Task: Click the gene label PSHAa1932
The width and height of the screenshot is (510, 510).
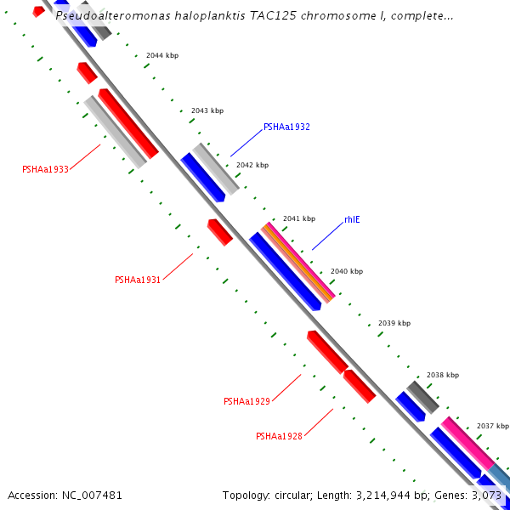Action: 286,127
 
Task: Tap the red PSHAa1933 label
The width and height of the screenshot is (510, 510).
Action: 45,169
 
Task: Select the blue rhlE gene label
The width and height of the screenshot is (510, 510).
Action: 352,219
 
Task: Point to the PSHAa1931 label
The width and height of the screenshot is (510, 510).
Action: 138,280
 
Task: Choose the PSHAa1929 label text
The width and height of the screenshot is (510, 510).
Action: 246,401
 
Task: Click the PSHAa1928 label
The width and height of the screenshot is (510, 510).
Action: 279,436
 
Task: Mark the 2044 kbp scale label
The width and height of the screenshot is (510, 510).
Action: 162,55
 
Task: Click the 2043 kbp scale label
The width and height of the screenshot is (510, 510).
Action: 207,110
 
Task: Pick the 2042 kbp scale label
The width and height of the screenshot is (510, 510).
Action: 252,165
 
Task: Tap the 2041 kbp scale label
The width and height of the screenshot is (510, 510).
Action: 299,218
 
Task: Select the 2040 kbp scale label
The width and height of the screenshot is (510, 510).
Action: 347,271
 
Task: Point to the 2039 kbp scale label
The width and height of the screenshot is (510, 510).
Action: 394,323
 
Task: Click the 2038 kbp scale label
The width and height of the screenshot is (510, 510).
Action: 443,375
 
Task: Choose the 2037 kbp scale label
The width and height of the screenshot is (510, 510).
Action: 493,426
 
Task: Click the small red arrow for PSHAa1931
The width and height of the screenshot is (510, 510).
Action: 219,231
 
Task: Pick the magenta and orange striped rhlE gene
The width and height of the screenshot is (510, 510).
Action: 297,263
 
